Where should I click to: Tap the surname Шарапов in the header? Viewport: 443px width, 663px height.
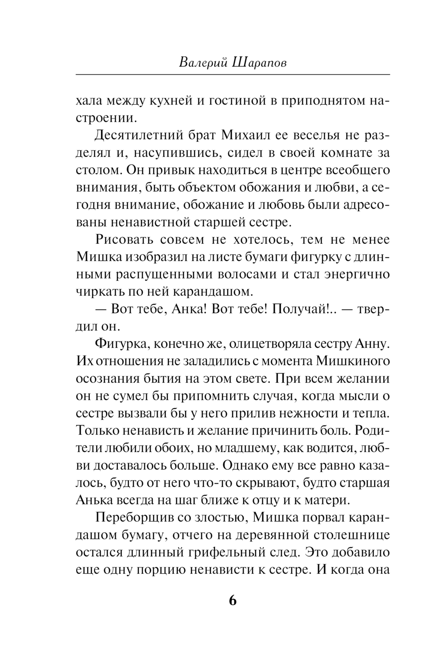click(259, 63)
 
